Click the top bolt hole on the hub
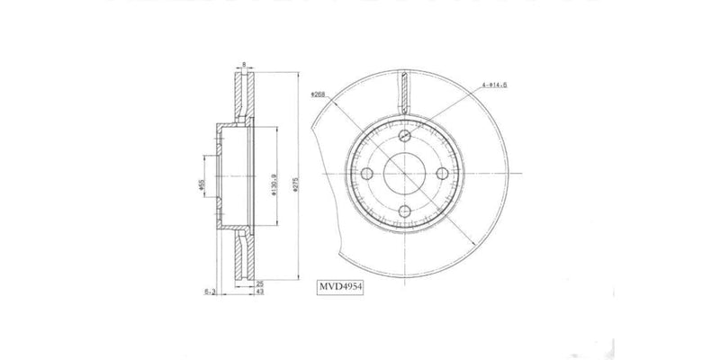(404, 136)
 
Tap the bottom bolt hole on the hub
(404, 211)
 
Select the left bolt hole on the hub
(366, 174)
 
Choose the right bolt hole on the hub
(442, 174)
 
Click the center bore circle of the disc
(404, 174)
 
